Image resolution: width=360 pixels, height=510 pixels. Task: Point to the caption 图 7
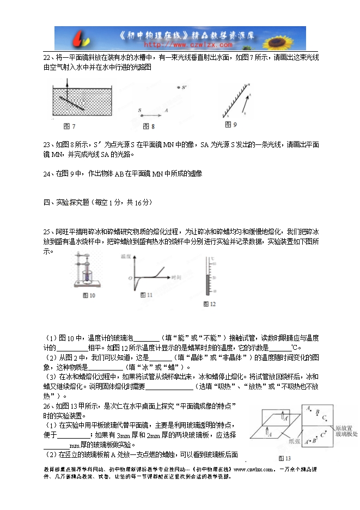point(69,126)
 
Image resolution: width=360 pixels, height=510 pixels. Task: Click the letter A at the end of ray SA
point(166,110)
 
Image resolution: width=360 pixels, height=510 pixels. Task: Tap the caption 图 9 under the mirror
point(231,125)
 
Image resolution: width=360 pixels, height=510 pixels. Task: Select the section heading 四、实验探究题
point(77,202)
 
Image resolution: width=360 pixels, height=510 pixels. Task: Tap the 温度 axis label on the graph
point(126,255)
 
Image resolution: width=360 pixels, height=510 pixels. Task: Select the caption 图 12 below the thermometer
point(209,303)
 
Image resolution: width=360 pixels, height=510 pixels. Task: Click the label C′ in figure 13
point(324,434)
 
